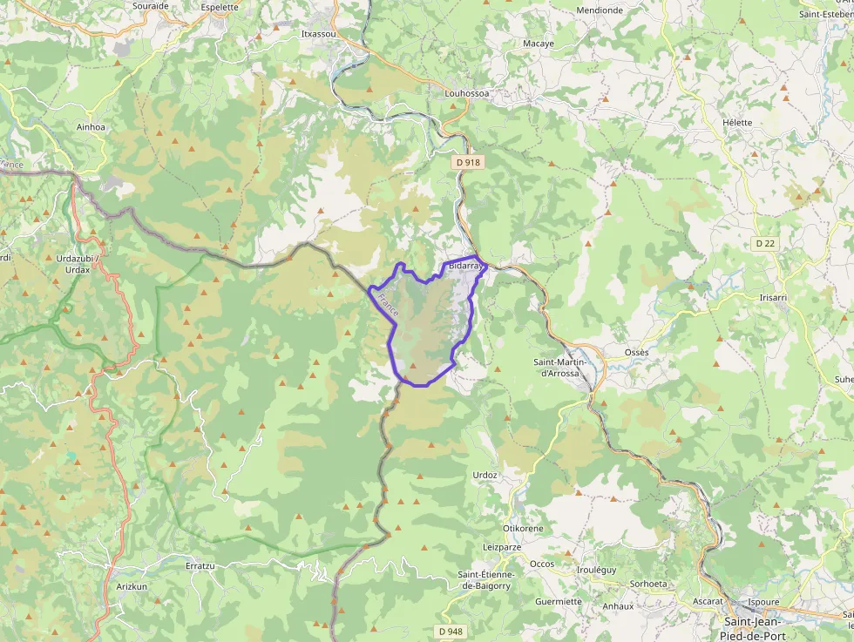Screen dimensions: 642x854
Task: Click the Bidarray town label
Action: pyautogui.click(x=465, y=265)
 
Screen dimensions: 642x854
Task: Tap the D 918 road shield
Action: pyautogui.click(x=468, y=162)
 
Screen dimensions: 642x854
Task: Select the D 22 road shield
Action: pyautogui.click(x=765, y=243)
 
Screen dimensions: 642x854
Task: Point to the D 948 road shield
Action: pyautogui.click(x=451, y=631)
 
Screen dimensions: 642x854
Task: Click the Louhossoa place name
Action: pyautogui.click(x=467, y=93)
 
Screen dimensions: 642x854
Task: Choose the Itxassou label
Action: pyautogui.click(x=317, y=34)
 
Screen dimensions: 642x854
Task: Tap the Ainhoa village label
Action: pyautogui.click(x=91, y=127)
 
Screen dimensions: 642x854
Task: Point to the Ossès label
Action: pyautogui.click(x=636, y=352)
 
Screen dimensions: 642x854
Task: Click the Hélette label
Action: pyautogui.click(x=737, y=122)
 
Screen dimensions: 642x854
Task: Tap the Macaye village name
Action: pyautogui.click(x=539, y=43)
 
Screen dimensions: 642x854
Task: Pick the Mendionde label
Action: pyautogui.click(x=600, y=10)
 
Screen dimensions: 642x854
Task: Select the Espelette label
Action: pyautogui.click(x=219, y=7)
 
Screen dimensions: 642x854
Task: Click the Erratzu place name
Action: pyautogui.click(x=200, y=565)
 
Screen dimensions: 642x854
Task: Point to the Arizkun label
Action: pyautogui.click(x=133, y=586)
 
